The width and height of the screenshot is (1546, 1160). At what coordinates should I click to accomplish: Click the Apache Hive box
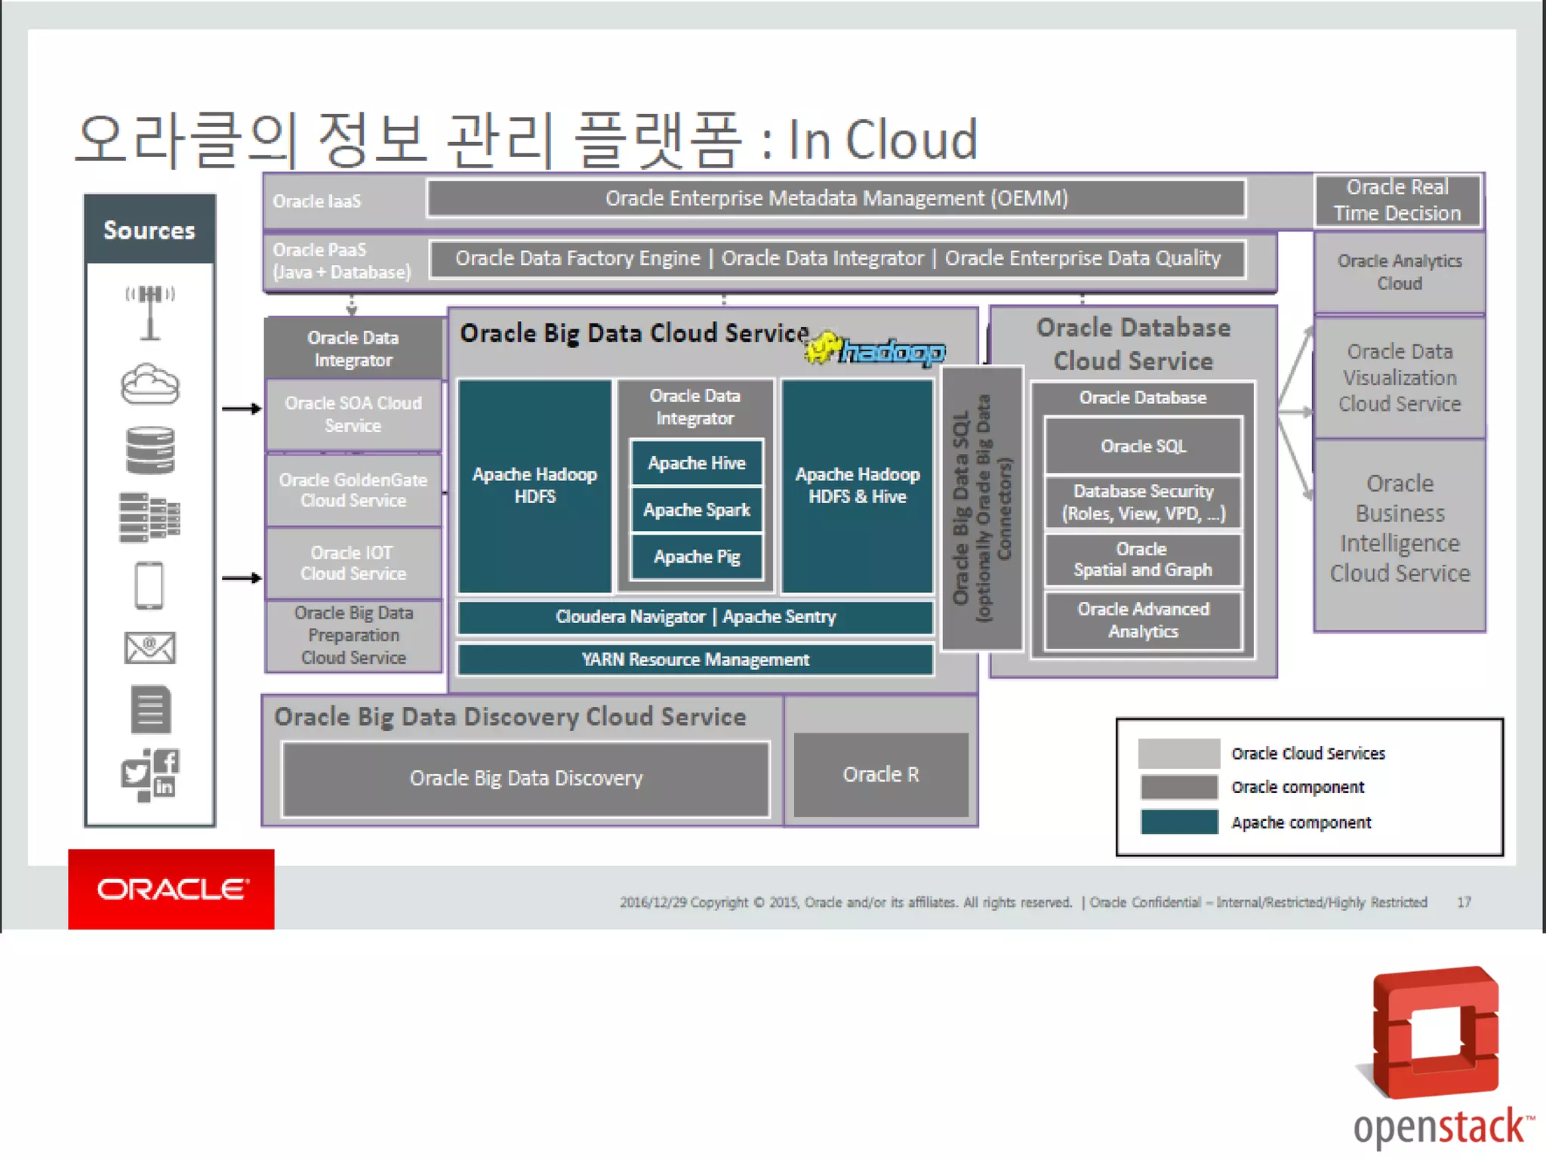[696, 463]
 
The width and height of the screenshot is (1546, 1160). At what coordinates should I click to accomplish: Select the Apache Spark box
[696, 510]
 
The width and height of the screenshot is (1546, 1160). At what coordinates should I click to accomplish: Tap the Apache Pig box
[696, 557]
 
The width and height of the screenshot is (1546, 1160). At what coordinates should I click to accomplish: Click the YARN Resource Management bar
[695, 659]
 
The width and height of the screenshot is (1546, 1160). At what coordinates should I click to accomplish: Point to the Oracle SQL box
[1143, 446]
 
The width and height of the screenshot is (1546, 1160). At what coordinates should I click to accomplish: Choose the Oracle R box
[881, 775]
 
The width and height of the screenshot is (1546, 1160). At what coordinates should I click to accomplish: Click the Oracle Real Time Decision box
[1397, 200]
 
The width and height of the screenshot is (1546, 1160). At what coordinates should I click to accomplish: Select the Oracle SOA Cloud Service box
[353, 415]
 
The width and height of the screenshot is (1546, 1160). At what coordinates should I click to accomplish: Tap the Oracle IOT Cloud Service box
[353, 563]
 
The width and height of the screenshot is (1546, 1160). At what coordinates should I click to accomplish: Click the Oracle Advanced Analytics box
[1143, 620]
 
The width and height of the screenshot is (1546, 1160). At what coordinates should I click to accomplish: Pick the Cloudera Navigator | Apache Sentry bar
[695, 617]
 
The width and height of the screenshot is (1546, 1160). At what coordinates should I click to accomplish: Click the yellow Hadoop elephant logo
[823, 348]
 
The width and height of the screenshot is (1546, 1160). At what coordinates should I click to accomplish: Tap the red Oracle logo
[171, 889]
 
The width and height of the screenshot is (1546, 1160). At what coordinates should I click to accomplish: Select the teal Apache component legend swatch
[1179, 822]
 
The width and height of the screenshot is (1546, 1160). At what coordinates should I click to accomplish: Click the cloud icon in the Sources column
[150, 384]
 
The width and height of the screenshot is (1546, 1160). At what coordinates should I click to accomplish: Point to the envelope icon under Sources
[149, 648]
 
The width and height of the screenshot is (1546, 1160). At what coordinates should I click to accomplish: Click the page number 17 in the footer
[1464, 902]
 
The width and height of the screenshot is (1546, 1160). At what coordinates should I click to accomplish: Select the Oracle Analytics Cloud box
[1400, 272]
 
